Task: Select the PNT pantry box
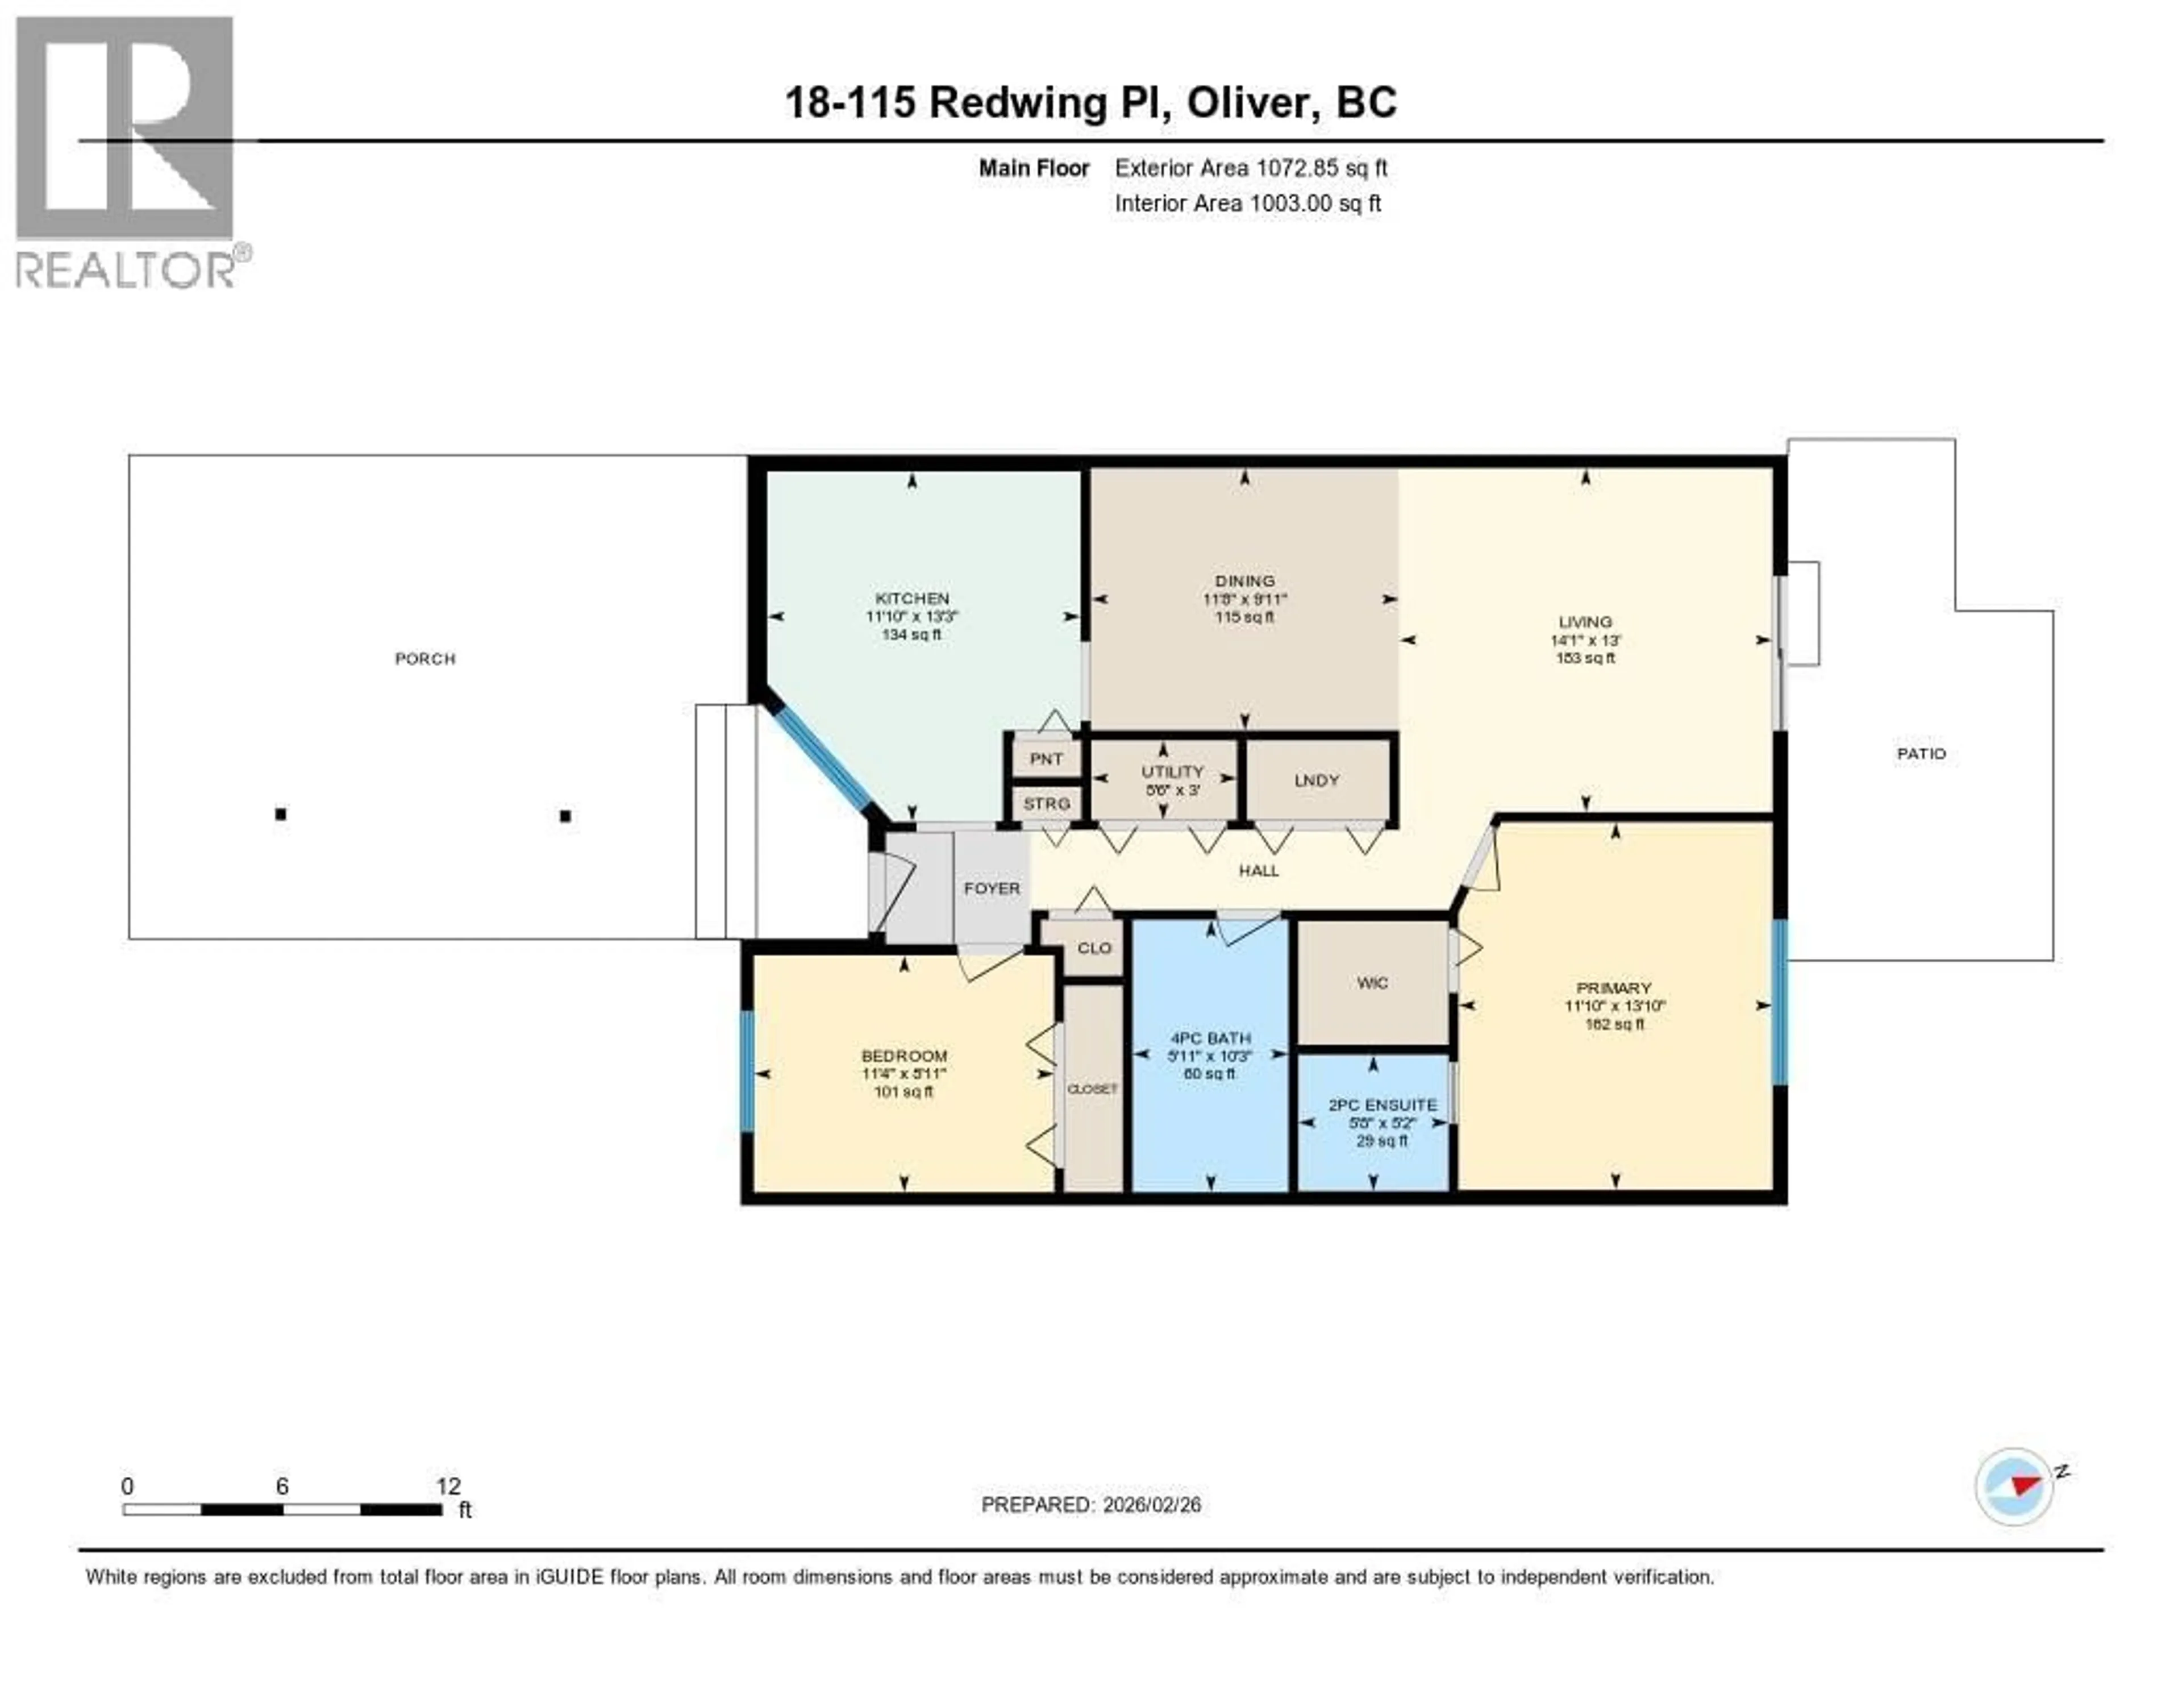(x=1046, y=758)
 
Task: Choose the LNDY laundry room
(x=1316, y=780)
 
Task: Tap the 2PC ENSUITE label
(x=1383, y=1104)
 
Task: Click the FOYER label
(x=991, y=887)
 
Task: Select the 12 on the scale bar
(x=448, y=1486)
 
